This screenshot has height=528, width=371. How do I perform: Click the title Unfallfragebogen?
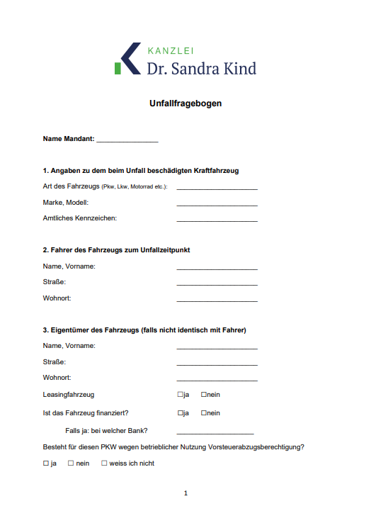pyautogui.click(x=185, y=103)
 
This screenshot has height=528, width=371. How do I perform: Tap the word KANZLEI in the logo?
pyautogui.click(x=171, y=50)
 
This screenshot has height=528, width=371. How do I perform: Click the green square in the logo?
pyautogui.click(x=118, y=68)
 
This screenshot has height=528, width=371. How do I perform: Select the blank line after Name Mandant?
pyautogui.click(x=127, y=141)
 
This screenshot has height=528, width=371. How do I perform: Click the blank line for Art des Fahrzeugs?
pyautogui.click(x=217, y=189)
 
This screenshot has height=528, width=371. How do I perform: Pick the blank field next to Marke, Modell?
pyautogui.click(x=217, y=205)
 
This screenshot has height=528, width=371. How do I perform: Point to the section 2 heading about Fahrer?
pyautogui.click(x=116, y=250)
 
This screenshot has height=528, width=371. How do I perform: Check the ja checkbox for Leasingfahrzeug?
pyautogui.click(x=181, y=395)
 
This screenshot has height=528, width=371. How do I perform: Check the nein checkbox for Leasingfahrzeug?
pyautogui.click(x=204, y=395)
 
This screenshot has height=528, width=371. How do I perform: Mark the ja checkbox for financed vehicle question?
pyautogui.click(x=181, y=413)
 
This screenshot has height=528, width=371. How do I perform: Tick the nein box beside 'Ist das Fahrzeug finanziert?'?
pyautogui.click(x=204, y=413)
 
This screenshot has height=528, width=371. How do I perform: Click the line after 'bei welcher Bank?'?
pyautogui.click(x=215, y=432)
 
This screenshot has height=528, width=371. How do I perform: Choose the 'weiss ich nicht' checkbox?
pyautogui.click(x=104, y=464)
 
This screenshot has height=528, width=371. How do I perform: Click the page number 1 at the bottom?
pyautogui.click(x=185, y=493)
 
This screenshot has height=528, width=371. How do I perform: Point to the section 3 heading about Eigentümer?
pyautogui.click(x=144, y=330)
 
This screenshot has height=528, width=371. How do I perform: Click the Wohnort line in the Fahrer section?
pyautogui.click(x=217, y=300)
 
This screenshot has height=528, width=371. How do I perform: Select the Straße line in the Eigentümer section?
pyautogui.click(x=217, y=364)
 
